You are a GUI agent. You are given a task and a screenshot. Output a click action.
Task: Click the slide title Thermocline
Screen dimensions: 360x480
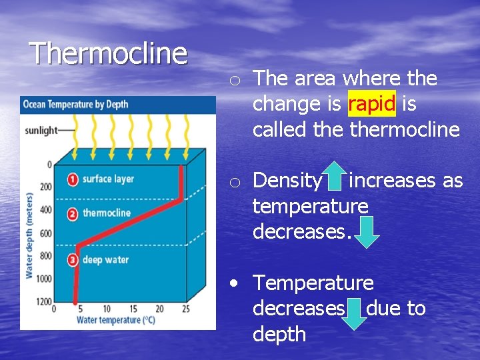109,53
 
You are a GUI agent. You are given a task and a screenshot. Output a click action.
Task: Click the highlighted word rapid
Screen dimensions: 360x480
372,104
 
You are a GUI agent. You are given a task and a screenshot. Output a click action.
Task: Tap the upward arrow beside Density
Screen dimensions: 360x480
335,175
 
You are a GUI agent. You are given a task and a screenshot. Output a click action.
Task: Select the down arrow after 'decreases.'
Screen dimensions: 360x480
365,231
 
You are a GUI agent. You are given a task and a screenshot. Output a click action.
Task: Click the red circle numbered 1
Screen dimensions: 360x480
73,179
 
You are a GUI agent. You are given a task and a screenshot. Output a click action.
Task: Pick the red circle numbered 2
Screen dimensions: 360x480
73,213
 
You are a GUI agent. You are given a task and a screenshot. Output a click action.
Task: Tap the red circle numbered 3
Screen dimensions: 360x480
73,260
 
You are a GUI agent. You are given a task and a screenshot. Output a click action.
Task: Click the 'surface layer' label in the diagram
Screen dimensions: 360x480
108,179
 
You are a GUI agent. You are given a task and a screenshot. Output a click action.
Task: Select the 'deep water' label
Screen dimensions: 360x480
105,260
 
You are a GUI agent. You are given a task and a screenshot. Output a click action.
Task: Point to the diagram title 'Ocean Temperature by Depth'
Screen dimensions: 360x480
75,104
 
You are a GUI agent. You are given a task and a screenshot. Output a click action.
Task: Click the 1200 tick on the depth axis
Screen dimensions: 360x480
45,302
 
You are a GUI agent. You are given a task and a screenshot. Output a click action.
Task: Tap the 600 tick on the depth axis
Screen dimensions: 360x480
46,233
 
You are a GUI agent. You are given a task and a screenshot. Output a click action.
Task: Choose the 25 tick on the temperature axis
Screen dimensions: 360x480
185,309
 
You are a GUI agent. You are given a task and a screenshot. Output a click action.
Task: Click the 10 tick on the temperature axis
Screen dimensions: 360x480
107,309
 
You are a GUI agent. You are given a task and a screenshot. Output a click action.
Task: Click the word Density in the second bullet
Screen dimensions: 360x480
287,181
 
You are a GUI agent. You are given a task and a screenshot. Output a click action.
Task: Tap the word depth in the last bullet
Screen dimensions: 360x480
279,334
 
